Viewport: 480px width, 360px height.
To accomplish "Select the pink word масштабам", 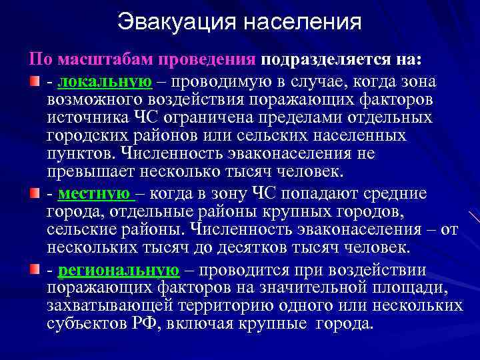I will coord(105,59).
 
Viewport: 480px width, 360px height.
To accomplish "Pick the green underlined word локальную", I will coord(105,82).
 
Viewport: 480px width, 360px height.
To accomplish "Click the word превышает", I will coord(90,171).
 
